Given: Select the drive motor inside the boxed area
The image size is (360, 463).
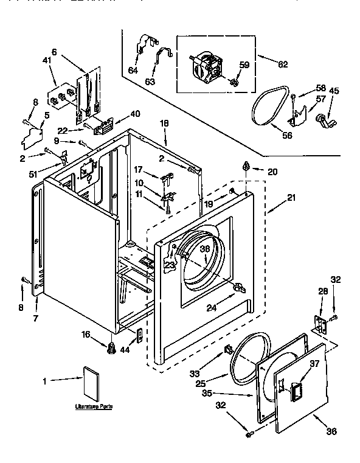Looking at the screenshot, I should (x=207, y=65).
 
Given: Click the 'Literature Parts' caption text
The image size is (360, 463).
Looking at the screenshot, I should (x=94, y=405).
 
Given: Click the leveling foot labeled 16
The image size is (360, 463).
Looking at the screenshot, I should (x=111, y=349).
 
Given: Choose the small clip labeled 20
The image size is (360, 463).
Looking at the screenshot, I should (x=246, y=166).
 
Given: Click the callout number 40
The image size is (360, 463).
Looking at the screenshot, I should (x=135, y=114).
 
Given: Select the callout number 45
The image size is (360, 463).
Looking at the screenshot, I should (x=334, y=91).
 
